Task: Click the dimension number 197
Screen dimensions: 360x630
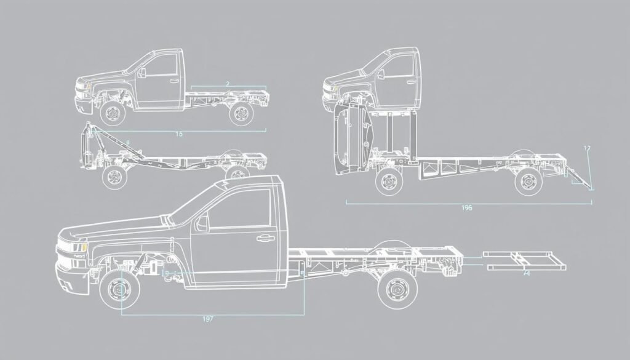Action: [x=209, y=319]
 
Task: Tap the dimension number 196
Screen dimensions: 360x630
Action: [x=466, y=208]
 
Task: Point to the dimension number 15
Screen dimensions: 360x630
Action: [x=179, y=134]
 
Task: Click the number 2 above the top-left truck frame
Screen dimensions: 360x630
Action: [x=227, y=83]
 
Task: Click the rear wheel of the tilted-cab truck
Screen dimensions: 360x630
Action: [x=527, y=181]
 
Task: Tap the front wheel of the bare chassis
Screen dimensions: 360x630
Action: [x=113, y=178]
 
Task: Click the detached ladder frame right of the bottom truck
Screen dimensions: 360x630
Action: [x=524, y=261]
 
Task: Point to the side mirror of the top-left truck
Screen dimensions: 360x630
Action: [x=142, y=73]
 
